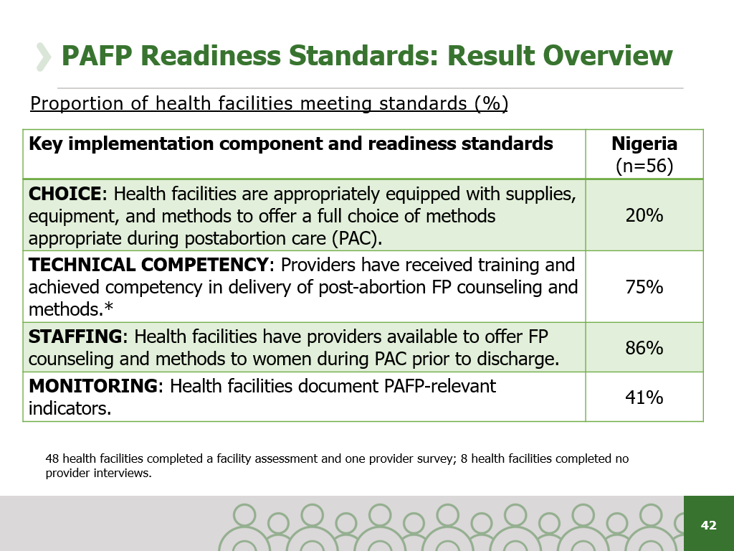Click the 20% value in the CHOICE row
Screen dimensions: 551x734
click(x=644, y=215)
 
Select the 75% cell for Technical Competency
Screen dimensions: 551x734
click(x=644, y=287)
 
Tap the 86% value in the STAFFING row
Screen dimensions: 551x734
click(x=644, y=348)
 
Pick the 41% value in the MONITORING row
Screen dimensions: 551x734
click(x=644, y=397)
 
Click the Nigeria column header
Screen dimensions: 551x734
click(x=644, y=143)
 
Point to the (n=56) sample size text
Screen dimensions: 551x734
click(x=644, y=166)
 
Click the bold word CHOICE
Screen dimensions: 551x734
click(x=65, y=194)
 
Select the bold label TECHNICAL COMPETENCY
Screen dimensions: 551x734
click(x=148, y=265)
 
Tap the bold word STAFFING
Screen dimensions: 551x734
click(x=75, y=336)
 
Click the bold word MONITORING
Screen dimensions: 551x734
click(x=92, y=386)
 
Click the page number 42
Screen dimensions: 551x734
click(x=708, y=525)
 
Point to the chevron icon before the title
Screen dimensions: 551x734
click(x=44, y=57)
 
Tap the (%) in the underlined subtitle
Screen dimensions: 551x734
click(x=491, y=104)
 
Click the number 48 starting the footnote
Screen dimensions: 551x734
click(x=52, y=458)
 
